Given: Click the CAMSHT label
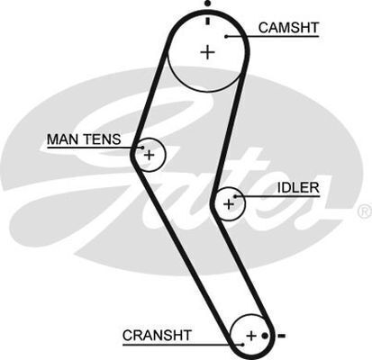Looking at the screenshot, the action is click(x=288, y=28).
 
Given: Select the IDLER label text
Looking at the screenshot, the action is click(x=298, y=188).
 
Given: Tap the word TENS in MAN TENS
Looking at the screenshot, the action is click(x=102, y=139).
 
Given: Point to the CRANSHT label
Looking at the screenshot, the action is click(x=157, y=335).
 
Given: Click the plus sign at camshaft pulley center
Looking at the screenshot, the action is click(x=207, y=52).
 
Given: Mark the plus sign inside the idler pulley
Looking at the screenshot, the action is click(x=229, y=204).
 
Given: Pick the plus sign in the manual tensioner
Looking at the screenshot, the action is click(x=149, y=155).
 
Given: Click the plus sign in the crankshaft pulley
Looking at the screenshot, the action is click(x=251, y=336).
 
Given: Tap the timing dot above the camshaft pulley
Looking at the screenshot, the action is click(x=208, y=4).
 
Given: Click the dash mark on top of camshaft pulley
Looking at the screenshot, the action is click(x=207, y=21).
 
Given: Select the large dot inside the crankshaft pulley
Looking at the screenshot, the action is click(x=265, y=336).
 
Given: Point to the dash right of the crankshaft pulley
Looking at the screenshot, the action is click(x=281, y=336).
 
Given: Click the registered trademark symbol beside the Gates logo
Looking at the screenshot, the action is click(x=365, y=211).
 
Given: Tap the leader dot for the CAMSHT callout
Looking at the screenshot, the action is click(x=227, y=37).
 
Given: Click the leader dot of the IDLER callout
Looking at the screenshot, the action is click(x=235, y=196).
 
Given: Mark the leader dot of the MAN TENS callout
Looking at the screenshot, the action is click(x=143, y=148).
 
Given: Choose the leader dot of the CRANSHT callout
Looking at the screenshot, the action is click(x=242, y=345).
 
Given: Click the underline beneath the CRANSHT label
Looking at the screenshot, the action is click(x=183, y=345).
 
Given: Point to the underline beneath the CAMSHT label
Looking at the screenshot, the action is click(x=273, y=37).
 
